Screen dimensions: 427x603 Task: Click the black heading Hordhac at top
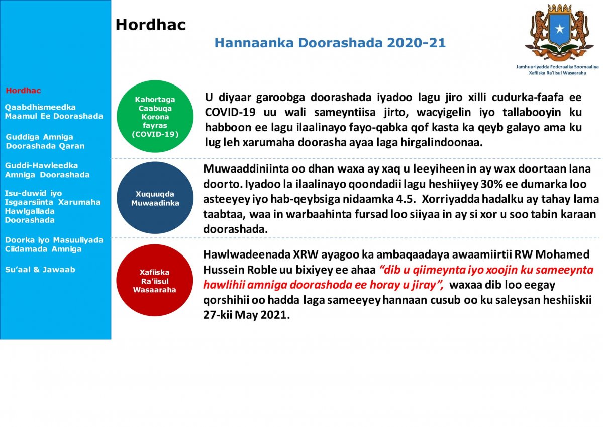151,25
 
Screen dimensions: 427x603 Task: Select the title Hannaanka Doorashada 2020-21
330,43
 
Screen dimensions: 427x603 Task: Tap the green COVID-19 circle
155,117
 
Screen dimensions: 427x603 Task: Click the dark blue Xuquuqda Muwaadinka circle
155,198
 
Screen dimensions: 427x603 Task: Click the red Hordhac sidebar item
23,91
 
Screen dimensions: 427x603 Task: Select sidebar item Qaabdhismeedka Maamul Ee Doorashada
54,112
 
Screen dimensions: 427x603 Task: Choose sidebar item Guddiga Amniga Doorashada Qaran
45,141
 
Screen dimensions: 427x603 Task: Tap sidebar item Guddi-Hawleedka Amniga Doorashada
47,170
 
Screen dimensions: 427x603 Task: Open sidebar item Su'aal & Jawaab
40,270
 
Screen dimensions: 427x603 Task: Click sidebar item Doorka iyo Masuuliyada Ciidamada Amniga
54,244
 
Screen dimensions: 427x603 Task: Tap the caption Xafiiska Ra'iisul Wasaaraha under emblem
557,73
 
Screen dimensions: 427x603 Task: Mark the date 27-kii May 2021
246,316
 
